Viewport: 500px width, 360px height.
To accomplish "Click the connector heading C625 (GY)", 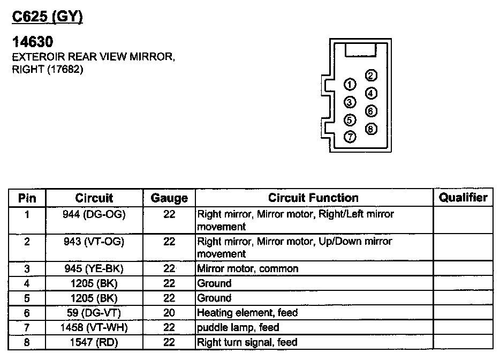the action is [x=47, y=17].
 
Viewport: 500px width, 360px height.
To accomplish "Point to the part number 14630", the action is [x=33, y=42].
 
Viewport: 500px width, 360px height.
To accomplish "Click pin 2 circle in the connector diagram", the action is [x=370, y=76].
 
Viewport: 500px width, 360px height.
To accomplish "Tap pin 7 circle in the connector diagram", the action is [x=350, y=137].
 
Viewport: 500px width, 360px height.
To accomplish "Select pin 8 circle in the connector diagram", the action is [x=370, y=129].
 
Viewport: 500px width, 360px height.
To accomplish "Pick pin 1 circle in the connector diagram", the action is [x=350, y=84].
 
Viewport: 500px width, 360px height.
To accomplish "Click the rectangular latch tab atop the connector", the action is [x=361, y=50].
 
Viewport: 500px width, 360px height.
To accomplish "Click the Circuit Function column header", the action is [x=313, y=198].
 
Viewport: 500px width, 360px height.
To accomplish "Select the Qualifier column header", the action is [x=463, y=197].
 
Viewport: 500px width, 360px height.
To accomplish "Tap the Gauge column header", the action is [x=169, y=198].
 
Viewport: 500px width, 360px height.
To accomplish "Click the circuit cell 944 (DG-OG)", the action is [x=94, y=214].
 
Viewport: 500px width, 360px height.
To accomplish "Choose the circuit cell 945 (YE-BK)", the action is [x=94, y=269].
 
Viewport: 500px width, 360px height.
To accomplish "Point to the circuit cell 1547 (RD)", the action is [x=94, y=342].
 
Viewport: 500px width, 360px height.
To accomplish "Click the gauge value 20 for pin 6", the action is [x=169, y=313].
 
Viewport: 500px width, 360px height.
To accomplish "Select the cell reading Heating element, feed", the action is [x=247, y=313].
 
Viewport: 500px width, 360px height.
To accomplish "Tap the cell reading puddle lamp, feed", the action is [x=238, y=327].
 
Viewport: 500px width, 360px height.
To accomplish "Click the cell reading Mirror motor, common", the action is [x=248, y=269].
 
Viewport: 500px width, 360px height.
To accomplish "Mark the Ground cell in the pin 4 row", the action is [x=214, y=283].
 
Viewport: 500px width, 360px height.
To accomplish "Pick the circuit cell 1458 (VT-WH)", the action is [x=94, y=328].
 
